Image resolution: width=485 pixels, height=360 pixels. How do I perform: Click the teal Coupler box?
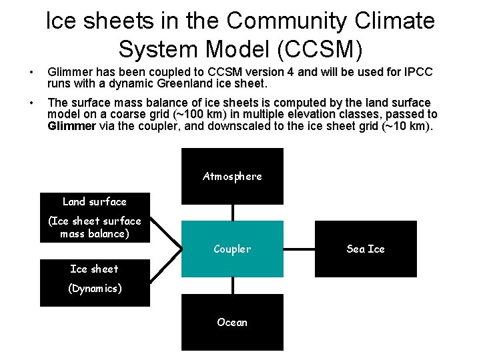click(x=232, y=249)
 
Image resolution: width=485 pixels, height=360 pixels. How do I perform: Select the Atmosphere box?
click(x=232, y=176)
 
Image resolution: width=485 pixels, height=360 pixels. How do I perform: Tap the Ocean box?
click(x=232, y=322)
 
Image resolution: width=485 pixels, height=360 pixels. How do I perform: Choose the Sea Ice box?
click(x=366, y=249)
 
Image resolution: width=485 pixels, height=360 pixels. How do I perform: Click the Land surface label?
click(x=94, y=201)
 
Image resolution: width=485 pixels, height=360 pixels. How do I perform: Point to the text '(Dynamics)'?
click(x=94, y=289)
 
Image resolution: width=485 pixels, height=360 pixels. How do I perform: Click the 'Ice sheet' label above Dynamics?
click(x=94, y=269)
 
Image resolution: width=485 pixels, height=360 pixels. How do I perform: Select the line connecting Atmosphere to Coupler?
click(x=233, y=212)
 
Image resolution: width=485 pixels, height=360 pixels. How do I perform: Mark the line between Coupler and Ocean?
click(x=233, y=285)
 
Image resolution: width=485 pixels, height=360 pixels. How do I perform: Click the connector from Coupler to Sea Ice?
click(x=299, y=249)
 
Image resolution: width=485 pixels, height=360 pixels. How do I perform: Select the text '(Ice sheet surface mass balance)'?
click(x=94, y=227)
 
